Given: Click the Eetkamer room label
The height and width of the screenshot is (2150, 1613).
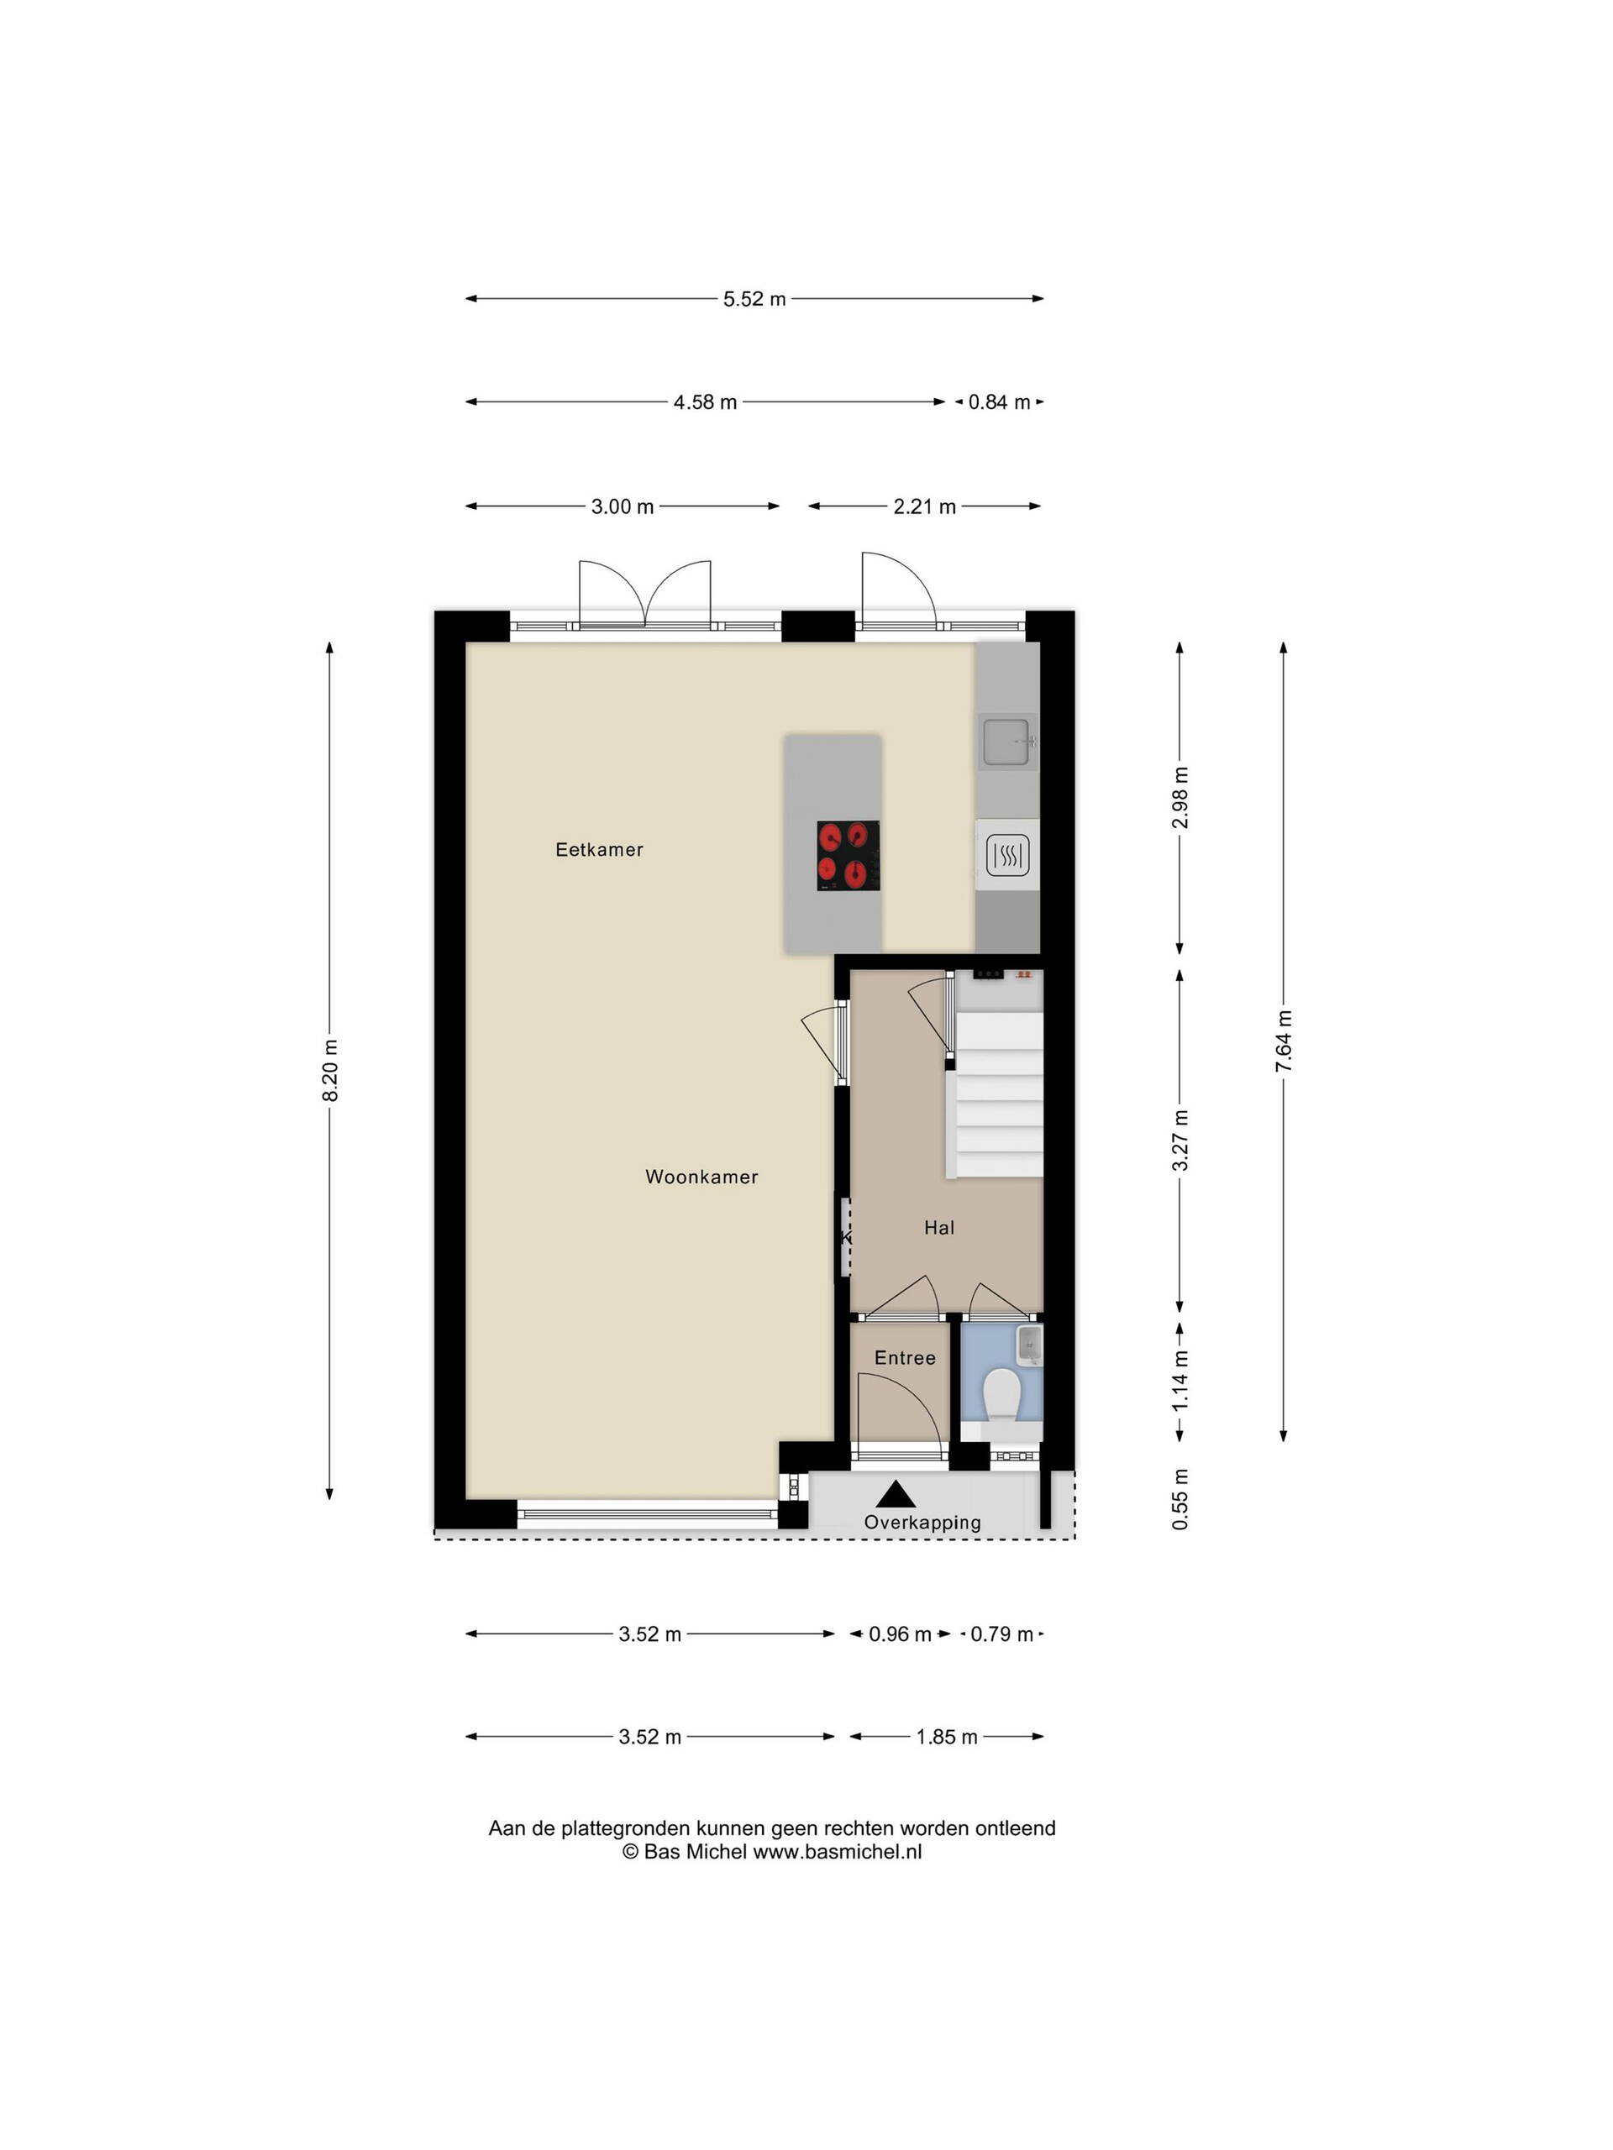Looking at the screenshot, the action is tap(599, 850).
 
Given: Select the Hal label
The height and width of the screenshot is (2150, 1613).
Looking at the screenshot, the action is tap(939, 1228).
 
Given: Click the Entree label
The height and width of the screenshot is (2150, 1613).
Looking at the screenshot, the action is tap(904, 1358).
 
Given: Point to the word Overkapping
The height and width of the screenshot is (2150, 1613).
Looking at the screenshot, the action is tap(922, 1523).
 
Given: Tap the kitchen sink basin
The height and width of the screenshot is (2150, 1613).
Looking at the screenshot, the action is tap(1007, 742).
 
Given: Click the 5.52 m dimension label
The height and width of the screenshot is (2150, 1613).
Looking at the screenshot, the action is tap(754, 299).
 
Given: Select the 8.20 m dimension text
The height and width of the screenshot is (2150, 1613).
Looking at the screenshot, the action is tap(330, 1070).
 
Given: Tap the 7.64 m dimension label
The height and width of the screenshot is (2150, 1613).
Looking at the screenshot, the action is tap(1285, 1041).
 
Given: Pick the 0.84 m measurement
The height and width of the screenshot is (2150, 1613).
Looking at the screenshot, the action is tap(999, 402).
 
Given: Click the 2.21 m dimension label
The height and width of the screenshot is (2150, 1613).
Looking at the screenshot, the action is tap(925, 506).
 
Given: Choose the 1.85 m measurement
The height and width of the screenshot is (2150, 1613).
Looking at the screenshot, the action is tap(946, 1737).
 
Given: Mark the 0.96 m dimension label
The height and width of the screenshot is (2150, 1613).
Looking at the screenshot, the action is tap(901, 1633).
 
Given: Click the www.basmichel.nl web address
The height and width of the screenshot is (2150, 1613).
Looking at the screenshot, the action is tap(837, 1852).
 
